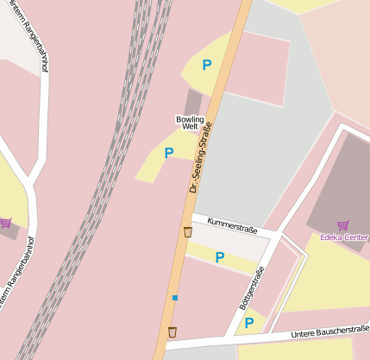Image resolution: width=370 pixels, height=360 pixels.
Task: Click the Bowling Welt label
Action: click(x=190, y=123)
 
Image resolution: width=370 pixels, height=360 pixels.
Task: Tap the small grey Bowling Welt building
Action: click(x=193, y=102)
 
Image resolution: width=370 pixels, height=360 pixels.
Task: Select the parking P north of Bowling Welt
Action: click(x=206, y=64)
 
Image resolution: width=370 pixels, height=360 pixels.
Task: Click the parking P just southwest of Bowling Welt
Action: click(x=168, y=153)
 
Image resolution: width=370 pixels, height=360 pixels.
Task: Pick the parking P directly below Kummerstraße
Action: click(x=220, y=256)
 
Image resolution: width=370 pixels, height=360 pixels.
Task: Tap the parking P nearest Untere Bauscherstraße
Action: click(x=248, y=323)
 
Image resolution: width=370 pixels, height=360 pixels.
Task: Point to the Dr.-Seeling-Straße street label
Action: click(x=200, y=157)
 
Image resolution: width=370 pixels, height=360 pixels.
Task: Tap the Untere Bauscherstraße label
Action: click(x=329, y=330)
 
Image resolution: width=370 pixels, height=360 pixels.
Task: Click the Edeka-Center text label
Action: click(x=344, y=237)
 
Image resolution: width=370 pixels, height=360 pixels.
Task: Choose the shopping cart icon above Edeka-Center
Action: click(x=342, y=225)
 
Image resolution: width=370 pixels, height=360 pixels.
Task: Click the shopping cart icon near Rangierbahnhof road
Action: click(x=6, y=223)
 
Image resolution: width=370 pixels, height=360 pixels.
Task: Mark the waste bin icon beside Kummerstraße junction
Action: click(x=188, y=231)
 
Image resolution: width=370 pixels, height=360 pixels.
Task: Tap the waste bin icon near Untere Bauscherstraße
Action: click(x=172, y=332)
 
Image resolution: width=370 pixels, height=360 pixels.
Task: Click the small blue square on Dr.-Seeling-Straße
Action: click(x=175, y=298)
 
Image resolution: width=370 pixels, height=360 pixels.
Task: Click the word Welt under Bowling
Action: click(x=190, y=127)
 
